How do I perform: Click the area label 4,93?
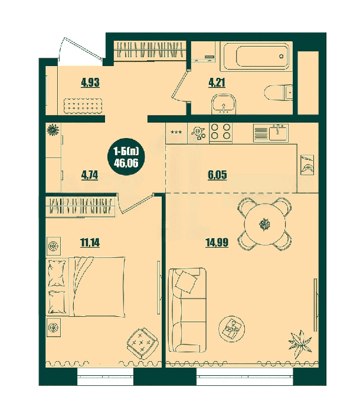90,83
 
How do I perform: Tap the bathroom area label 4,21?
217,83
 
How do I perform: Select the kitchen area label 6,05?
217,175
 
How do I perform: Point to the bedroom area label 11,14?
90,242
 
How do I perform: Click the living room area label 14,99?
217,242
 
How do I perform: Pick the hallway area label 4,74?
90,175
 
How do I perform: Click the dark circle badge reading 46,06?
126,158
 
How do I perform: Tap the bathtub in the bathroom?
257,56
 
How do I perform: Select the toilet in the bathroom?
279,93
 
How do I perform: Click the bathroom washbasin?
224,104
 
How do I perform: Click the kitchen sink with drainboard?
271,133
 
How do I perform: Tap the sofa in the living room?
187,310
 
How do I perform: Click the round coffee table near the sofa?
232,329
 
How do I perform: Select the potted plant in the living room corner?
300,344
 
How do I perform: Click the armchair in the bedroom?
142,343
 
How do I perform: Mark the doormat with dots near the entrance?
83,106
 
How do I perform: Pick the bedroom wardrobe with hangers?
81,206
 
